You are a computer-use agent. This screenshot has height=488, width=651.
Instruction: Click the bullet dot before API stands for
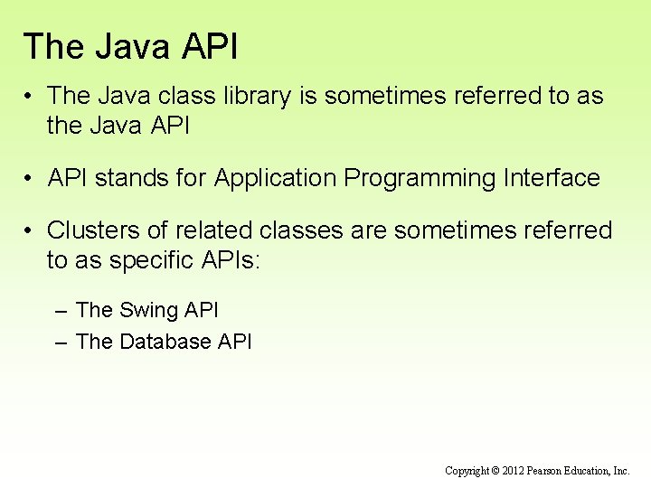(x=30, y=178)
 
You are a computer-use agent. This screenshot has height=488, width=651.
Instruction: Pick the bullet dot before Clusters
(x=30, y=230)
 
